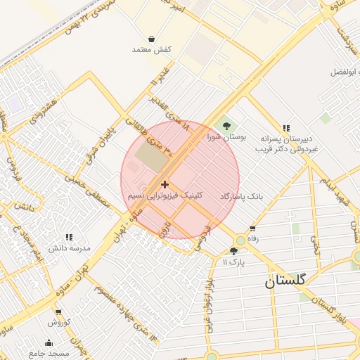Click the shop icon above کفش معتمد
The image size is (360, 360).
(x=152, y=39)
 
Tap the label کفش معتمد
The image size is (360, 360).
(x=152, y=50)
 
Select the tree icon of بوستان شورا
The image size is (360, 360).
(x=226, y=126)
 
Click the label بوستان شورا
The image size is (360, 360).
(x=223, y=138)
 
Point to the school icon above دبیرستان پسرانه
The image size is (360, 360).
(x=285, y=128)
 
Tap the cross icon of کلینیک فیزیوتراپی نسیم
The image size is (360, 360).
(x=165, y=184)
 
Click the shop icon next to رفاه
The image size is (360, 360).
(x=252, y=229)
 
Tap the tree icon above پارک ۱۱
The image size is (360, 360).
(x=233, y=251)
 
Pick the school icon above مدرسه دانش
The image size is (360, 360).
(x=69, y=238)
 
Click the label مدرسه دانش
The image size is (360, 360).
(x=70, y=249)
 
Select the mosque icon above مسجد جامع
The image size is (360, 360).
(x=49, y=342)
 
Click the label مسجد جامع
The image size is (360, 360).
(x=49, y=353)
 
